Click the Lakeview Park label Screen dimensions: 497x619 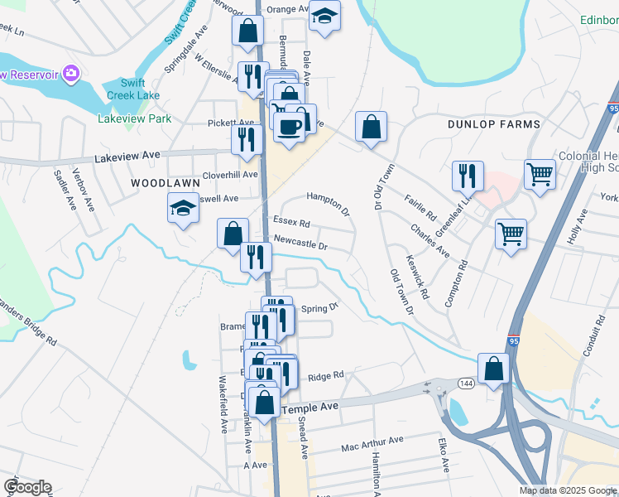point(134,118)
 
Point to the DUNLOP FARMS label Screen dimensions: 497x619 point(493,124)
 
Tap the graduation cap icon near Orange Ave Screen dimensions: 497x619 point(325,16)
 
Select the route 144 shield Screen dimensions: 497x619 point(465,383)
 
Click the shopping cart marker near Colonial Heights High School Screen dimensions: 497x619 point(540,175)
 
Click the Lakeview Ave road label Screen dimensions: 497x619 point(127,155)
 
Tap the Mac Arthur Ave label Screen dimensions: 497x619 point(372,445)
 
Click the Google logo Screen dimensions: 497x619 point(27,487)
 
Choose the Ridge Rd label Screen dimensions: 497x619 point(325,376)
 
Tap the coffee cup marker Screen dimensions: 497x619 point(289,128)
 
